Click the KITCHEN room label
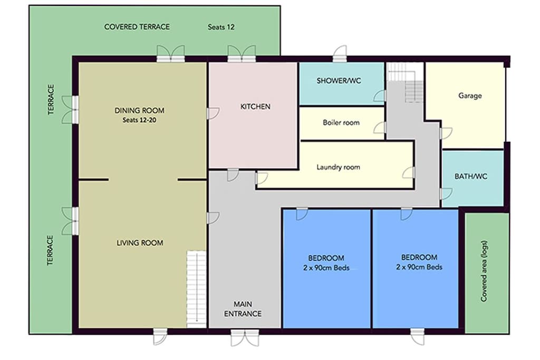(x=255, y=106)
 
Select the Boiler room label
(x=341, y=122)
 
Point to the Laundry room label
(x=338, y=167)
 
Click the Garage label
(x=470, y=96)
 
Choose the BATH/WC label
(x=471, y=177)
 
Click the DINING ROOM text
(x=139, y=111)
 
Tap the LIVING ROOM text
(x=140, y=243)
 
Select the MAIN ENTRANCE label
(x=243, y=309)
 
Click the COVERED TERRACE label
(x=137, y=27)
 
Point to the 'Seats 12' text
(x=221, y=27)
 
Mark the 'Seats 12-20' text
(x=139, y=120)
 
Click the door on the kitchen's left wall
(x=212, y=113)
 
